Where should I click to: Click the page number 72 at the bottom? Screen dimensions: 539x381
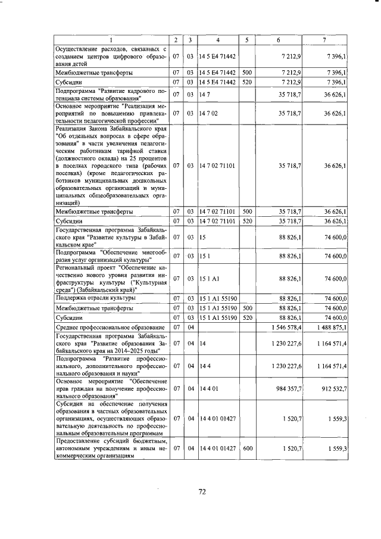[201, 491]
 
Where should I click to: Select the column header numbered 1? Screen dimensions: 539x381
[110, 39]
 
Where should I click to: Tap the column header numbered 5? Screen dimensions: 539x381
[246, 39]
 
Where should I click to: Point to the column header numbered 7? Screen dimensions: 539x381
[324, 39]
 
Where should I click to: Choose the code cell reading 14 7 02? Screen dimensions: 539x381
[208, 113]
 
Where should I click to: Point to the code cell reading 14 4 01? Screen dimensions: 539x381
[208, 388]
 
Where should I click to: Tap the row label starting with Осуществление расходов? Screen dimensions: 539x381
[110, 56]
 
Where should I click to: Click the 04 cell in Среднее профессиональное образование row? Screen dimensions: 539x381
[190, 327]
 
